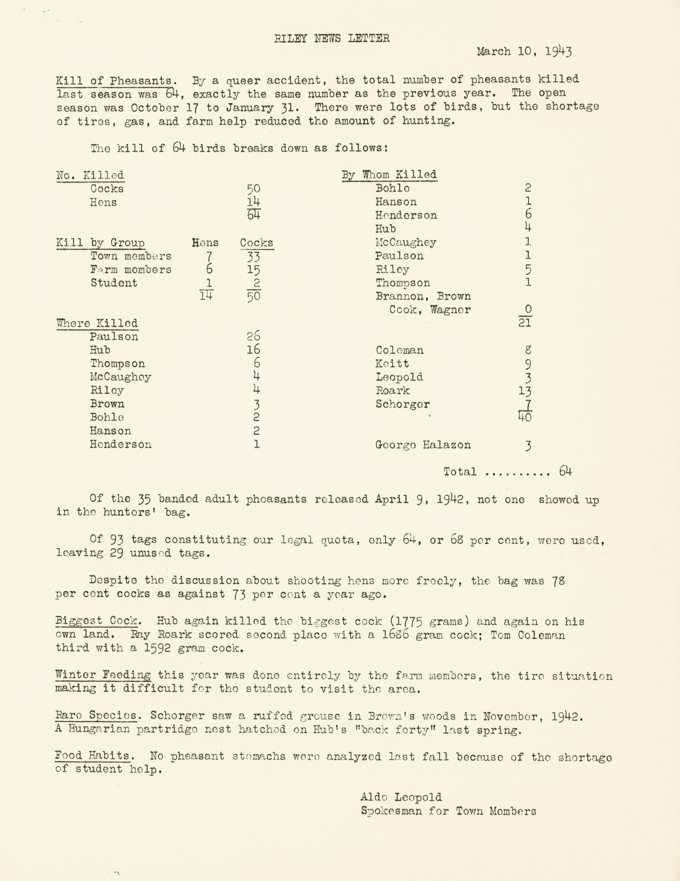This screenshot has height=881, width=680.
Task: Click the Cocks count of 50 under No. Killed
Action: click(x=254, y=189)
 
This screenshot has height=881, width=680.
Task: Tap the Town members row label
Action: click(x=131, y=256)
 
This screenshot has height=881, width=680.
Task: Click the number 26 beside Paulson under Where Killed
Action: click(x=254, y=336)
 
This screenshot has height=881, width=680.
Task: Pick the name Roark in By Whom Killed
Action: click(x=392, y=390)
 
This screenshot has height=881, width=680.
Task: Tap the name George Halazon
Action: click(x=423, y=445)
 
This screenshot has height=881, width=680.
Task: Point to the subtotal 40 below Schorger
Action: click(x=525, y=418)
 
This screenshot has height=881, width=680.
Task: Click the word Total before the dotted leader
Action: click(x=460, y=472)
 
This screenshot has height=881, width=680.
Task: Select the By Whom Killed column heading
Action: click(x=389, y=175)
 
